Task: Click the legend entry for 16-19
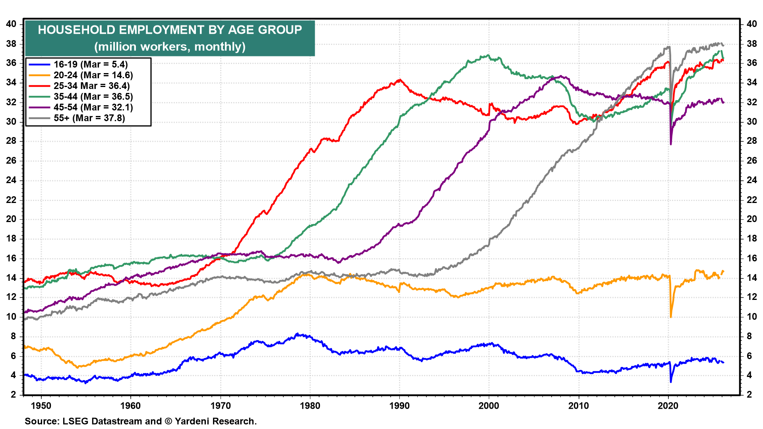(x=91, y=65)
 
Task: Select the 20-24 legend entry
(x=93, y=75)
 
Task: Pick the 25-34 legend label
(x=91, y=86)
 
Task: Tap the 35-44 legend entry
(x=93, y=97)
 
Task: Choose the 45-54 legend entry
(x=93, y=108)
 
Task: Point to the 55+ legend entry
(x=89, y=118)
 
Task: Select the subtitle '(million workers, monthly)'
(x=170, y=47)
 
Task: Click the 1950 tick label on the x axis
(x=41, y=406)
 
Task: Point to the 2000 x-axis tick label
(x=489, y=406)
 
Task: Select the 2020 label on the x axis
(x=668, y=406)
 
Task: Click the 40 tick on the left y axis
(x=11, y=24)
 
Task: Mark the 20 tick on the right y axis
(x=751, y=219)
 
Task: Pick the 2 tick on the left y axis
(x=14, y=394)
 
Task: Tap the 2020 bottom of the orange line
(x=671, y=317)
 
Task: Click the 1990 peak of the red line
(x=400, y=80)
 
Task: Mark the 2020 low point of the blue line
(x=671, y=382)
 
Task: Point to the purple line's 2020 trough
(x=671, y=144)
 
